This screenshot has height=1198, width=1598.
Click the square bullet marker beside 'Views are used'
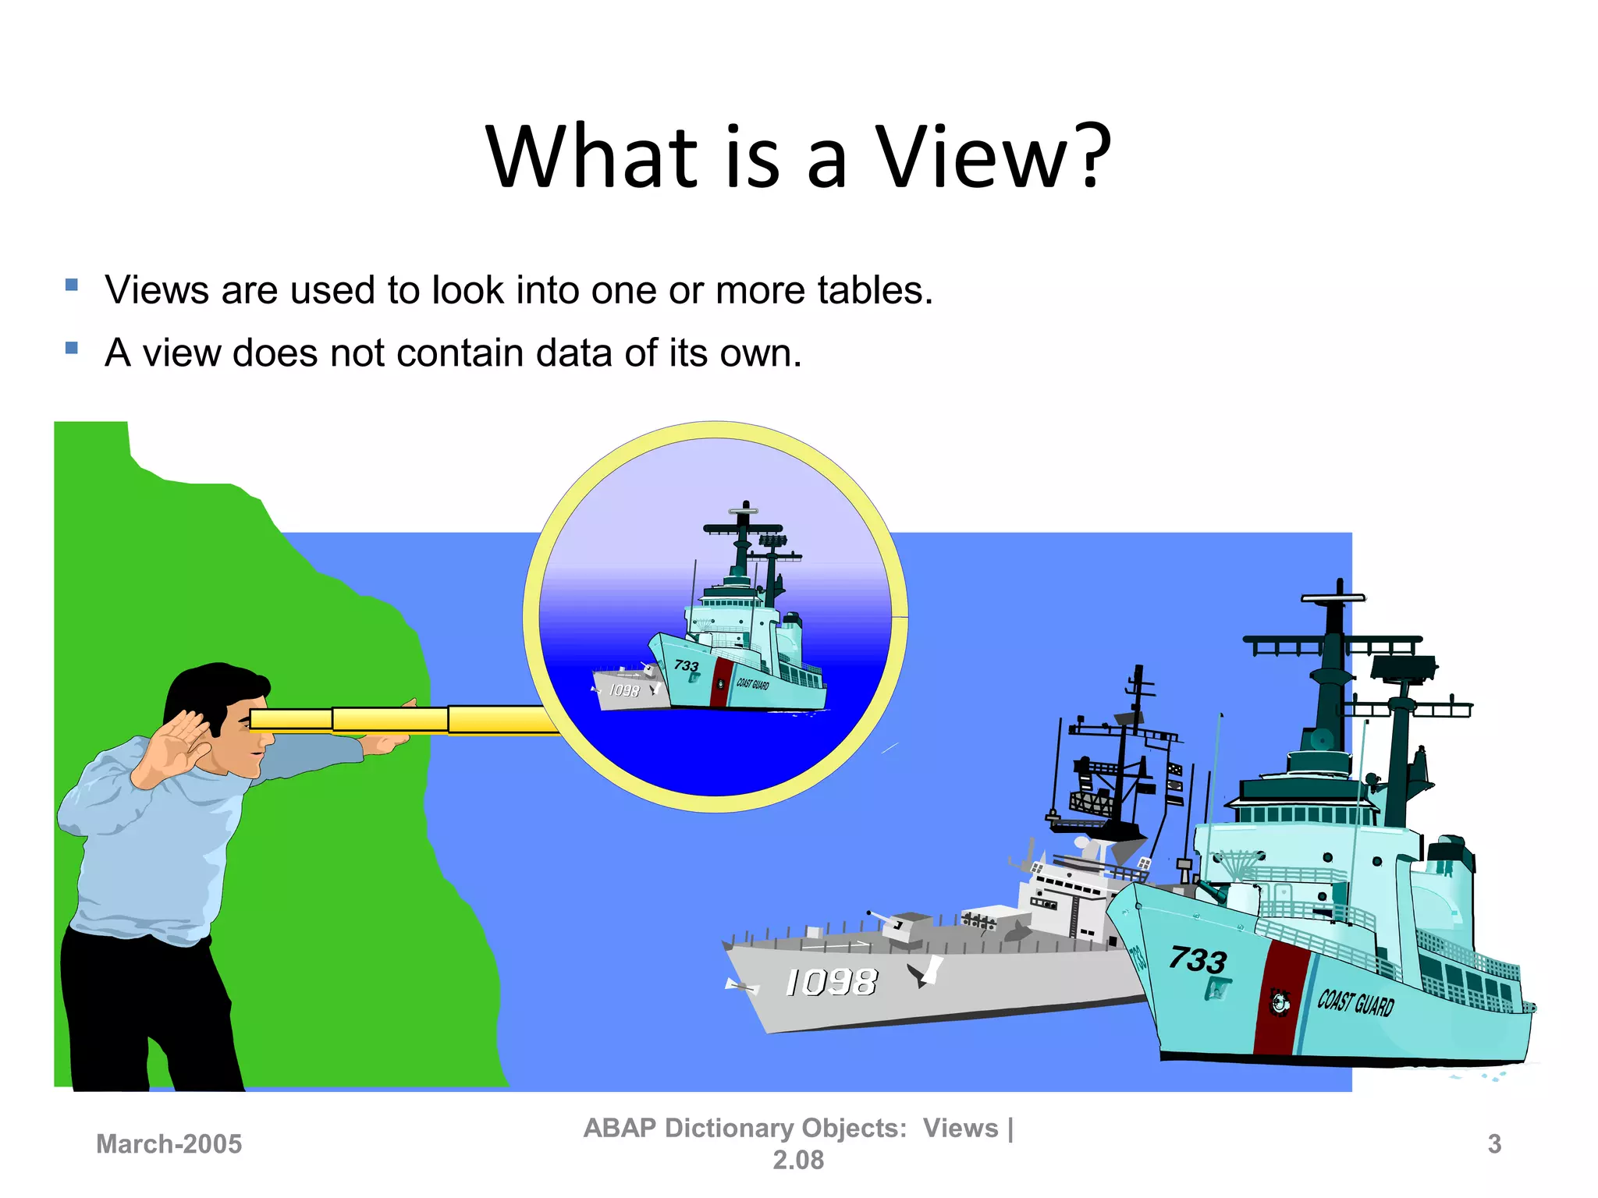coord(72,285)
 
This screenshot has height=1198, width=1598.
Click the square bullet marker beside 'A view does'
coord(72,348)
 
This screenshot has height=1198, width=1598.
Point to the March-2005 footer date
coord(169,1144)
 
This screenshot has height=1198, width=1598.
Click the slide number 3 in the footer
coord(1494,1144)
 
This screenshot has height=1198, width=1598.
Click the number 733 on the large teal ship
coord(1198,959)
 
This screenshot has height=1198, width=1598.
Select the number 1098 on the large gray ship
coord(832,983)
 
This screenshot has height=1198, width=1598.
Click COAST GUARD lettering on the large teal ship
coord(1355,1002)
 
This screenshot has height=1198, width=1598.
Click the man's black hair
coord(207,690)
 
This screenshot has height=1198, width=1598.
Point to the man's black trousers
coord(148,1014)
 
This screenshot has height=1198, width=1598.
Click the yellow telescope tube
coord(390,719)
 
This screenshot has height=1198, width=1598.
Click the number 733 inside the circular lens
coord(686,665)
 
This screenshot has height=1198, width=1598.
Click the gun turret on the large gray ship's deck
coord(905,928)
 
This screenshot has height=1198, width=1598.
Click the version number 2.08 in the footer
coord(798,1161)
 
